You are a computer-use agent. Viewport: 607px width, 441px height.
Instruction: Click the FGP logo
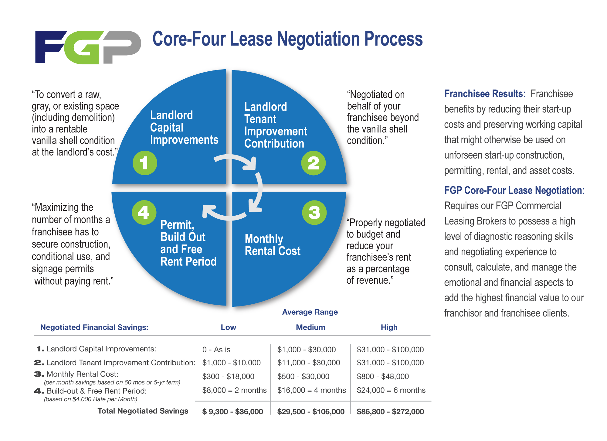point(88,47)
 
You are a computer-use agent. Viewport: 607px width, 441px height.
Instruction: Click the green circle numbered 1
point(145,163)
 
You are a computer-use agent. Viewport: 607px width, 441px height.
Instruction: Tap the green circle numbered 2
point(313,163)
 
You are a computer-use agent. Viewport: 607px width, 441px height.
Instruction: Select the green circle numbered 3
point(314,213)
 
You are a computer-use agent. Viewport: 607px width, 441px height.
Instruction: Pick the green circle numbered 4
point(144,212)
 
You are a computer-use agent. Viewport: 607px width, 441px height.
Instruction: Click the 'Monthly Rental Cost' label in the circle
point(272,245)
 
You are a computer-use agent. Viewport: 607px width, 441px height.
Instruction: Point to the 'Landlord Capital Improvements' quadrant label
point(184,128)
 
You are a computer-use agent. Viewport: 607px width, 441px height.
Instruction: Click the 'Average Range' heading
point(310,312)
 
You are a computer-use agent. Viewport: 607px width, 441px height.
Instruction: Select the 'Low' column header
point(228,327)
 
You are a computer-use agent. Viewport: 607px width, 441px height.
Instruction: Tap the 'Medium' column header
point(310,327)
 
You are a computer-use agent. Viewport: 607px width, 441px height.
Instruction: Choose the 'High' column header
point(389,327)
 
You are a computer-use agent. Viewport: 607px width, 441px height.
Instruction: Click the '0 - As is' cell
point(216,350)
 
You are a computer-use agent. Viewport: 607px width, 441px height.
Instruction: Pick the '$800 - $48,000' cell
point(383,376)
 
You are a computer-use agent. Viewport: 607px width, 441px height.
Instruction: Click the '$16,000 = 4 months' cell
point(311,390)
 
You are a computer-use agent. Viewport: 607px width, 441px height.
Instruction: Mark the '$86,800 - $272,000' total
point(390,412)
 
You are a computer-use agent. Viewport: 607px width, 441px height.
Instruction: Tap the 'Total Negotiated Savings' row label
point(143,411)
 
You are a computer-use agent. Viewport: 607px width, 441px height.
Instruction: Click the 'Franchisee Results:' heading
point(485,94)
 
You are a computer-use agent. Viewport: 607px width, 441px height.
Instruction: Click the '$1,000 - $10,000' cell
point(231,363)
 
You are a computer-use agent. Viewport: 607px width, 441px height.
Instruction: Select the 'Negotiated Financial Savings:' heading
point(94,327)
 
